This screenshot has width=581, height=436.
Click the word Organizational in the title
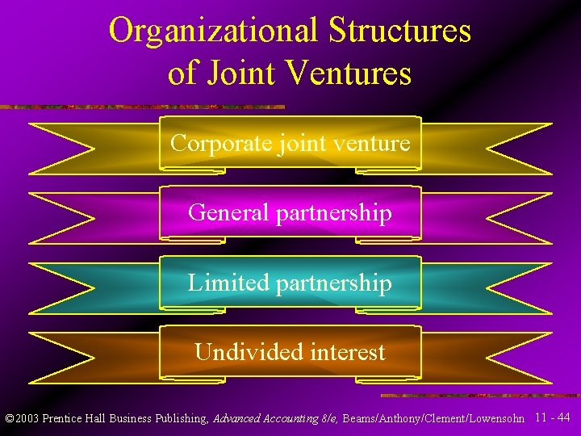(x=213, y=31)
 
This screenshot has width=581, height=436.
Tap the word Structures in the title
(x=400, y=31)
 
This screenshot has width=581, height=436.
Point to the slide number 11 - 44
(x=553, y=417)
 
